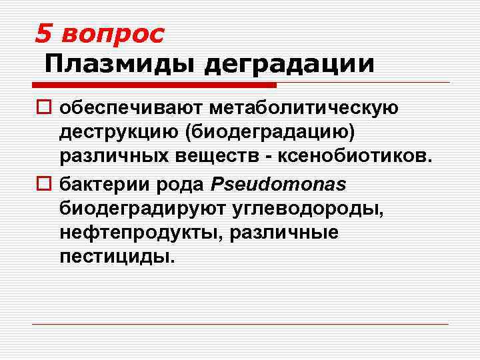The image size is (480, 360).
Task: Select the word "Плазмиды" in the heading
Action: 119,64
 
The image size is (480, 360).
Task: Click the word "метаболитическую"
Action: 303,107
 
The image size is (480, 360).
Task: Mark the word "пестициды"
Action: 117,258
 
